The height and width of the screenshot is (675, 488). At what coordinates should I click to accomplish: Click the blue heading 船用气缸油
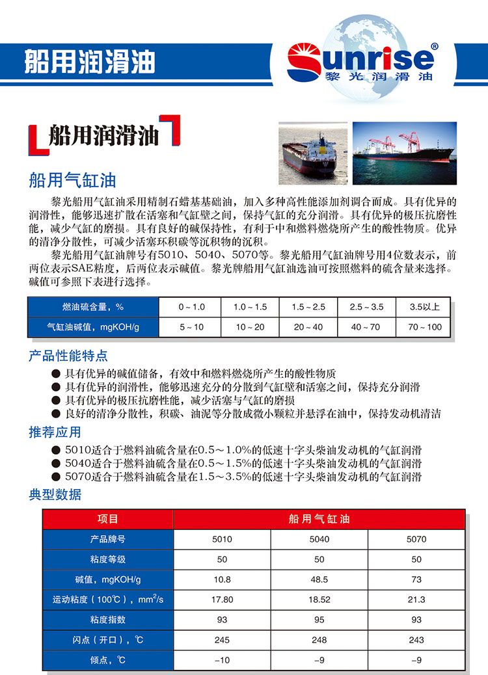coord(72,179)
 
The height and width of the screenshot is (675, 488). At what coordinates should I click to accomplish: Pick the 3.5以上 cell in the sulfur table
coord(425,307)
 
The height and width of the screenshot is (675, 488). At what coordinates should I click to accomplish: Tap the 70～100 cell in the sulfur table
coord(425,326)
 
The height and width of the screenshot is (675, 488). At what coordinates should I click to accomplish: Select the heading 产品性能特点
coord(68,356)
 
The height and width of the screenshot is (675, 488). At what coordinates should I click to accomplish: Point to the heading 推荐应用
coord(55,432)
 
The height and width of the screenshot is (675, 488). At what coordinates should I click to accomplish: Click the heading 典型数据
coord(55,494)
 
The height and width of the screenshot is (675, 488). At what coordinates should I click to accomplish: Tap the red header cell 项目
coord(108,519)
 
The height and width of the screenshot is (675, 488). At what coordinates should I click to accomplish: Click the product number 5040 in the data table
coord(319,539)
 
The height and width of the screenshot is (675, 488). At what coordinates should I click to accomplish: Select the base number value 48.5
coord(319,579)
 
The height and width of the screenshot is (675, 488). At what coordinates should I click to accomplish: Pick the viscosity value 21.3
coord(416,600)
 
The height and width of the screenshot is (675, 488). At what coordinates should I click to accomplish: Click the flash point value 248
coord(319,640)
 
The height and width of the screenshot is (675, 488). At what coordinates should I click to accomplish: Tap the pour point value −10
coord(222,660)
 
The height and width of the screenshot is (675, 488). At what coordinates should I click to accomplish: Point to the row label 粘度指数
coord(108,620)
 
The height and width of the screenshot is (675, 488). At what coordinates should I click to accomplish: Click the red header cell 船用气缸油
coord(319,519)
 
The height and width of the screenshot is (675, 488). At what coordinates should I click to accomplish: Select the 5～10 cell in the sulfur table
coord(191,326)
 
